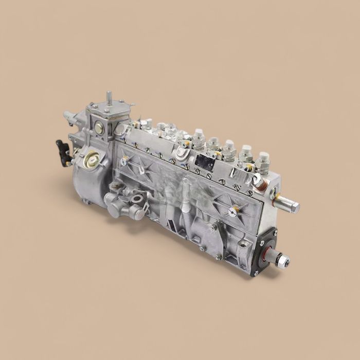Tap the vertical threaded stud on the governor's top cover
pos(109,98)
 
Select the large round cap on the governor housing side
pos(93,160)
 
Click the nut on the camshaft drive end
pos(282,260)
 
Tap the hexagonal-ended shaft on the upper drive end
pos(288,205)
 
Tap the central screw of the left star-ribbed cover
pos(124,160)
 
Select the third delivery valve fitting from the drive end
pos(229,149)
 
